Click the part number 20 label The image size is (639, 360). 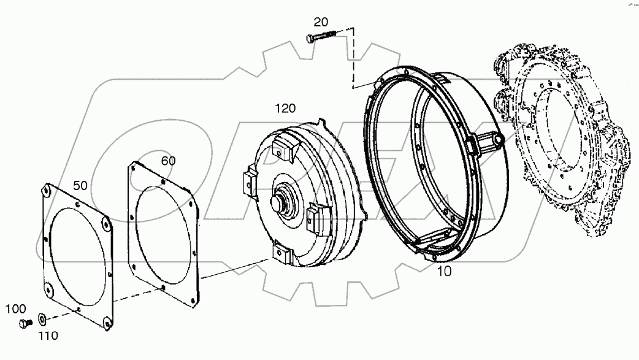tap(320, 22)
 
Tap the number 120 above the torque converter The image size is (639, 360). tap(285, 109)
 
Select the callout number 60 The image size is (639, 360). tap(168, 161)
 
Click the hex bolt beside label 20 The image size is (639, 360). tap(319, 37)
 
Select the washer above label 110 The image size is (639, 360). tap(42, 319)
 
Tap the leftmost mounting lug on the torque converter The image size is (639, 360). tap(250, 181)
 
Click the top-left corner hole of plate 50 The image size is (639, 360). tap(47, 192)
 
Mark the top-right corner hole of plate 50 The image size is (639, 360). tap(106, 224)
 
